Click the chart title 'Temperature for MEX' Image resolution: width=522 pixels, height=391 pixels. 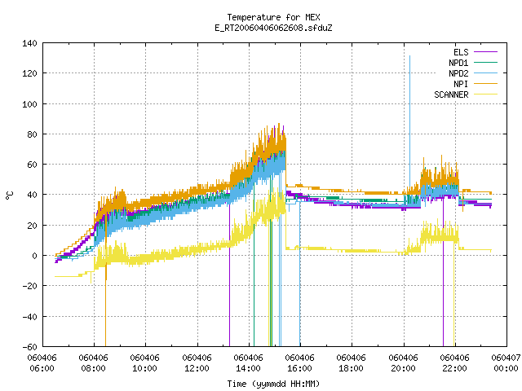click(x=273, y=17)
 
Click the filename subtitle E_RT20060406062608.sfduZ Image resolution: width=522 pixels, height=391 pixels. click(x=273, y=28)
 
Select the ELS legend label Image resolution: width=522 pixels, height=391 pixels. click(x=461, y=52)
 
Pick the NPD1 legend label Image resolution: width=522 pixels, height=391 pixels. click(x=458, y=63)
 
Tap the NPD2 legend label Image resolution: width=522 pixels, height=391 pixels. click(x=458, y=73)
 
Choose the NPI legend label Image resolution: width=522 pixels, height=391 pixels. click(x=461, y=84)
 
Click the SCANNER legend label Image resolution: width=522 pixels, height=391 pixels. click(x=451, y=94)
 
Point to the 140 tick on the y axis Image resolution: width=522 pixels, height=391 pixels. click(x=29, y=43)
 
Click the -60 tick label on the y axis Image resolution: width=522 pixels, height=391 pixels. click(x=29, y=347)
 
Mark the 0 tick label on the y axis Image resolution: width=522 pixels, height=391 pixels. click(x=34, y=256)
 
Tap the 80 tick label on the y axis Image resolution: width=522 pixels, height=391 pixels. click(x=33, y=134)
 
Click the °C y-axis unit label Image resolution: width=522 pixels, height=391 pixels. click(x=9, y=195)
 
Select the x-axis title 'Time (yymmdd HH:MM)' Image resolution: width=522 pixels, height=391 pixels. click(x=273, y=384)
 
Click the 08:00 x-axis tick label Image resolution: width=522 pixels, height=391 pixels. click(x=93, y=368)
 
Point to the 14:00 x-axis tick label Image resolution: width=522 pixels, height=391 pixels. click(x=248, y=368)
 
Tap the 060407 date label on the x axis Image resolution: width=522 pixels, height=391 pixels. click(x=506, y=358)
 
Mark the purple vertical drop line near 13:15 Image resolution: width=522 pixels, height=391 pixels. click(x=229, y=275)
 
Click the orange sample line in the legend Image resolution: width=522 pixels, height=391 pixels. click(x=485, y=84)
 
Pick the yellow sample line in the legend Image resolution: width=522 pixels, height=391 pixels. click(x=485, y=94)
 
